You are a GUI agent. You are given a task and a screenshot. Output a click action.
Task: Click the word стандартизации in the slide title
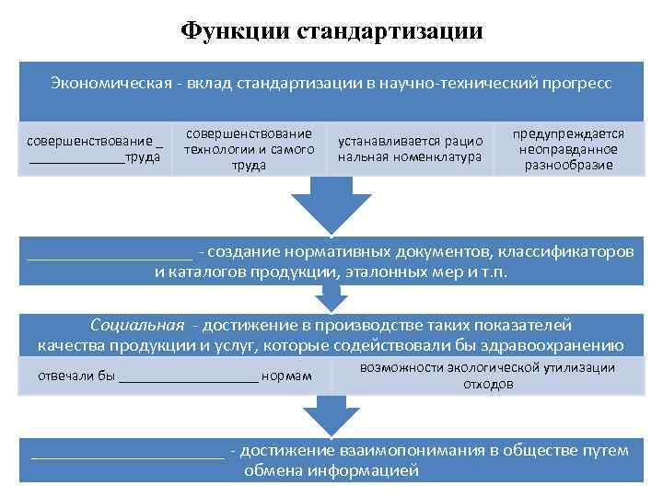[390, 30]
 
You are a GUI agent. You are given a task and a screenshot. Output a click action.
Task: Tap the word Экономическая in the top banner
[103, 84]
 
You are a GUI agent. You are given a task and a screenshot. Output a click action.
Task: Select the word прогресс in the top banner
[571, 84]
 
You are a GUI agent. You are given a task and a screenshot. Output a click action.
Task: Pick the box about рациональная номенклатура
[410, 149]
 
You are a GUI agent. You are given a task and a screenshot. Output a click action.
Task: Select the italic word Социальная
[136, 325]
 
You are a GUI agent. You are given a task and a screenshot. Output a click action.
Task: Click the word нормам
[286, 376]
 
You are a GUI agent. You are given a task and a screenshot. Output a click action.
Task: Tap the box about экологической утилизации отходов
[488, 376]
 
